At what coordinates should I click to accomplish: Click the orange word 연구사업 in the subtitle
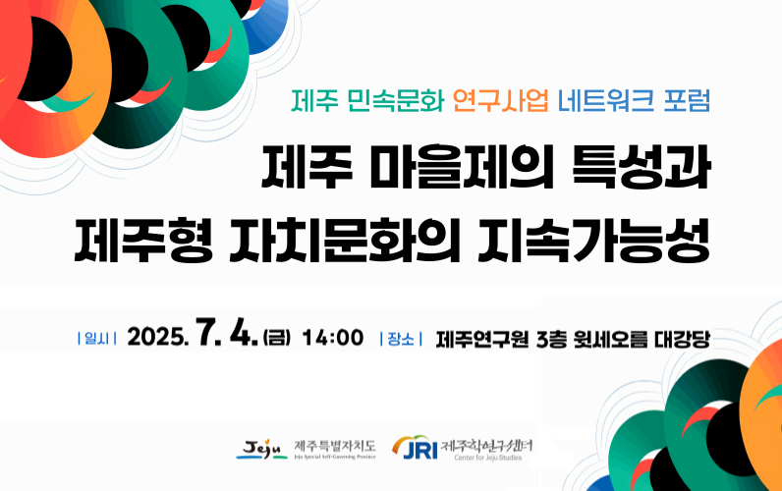tap(500, 100)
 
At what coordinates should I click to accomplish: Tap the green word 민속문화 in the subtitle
tap(394, 100)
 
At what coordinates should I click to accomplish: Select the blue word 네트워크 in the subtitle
tap(605, 100)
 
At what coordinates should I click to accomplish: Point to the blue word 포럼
tap(687, 100)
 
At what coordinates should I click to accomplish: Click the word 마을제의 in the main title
tap(462, 167)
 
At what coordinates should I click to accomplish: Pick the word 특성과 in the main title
tap(641, 167)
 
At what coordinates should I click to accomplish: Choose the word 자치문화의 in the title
tap(345, 241)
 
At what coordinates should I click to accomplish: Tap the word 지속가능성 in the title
tap(594, 241)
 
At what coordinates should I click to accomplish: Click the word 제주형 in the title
tap(143, 241)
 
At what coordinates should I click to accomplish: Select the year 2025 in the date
tap(157, 338)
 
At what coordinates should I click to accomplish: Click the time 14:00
tap(333, 338)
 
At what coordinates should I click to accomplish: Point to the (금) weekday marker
tap(277, 338)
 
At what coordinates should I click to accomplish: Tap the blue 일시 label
tap(96, 339)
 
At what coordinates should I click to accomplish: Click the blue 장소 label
tap(401, 339)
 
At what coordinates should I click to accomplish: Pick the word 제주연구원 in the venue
tap(482, 339)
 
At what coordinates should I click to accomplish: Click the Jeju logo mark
tap(261, 449)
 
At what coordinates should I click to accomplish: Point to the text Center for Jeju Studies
tap(487, 457)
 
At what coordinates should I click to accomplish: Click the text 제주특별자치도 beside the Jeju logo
tap(335, 446)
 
